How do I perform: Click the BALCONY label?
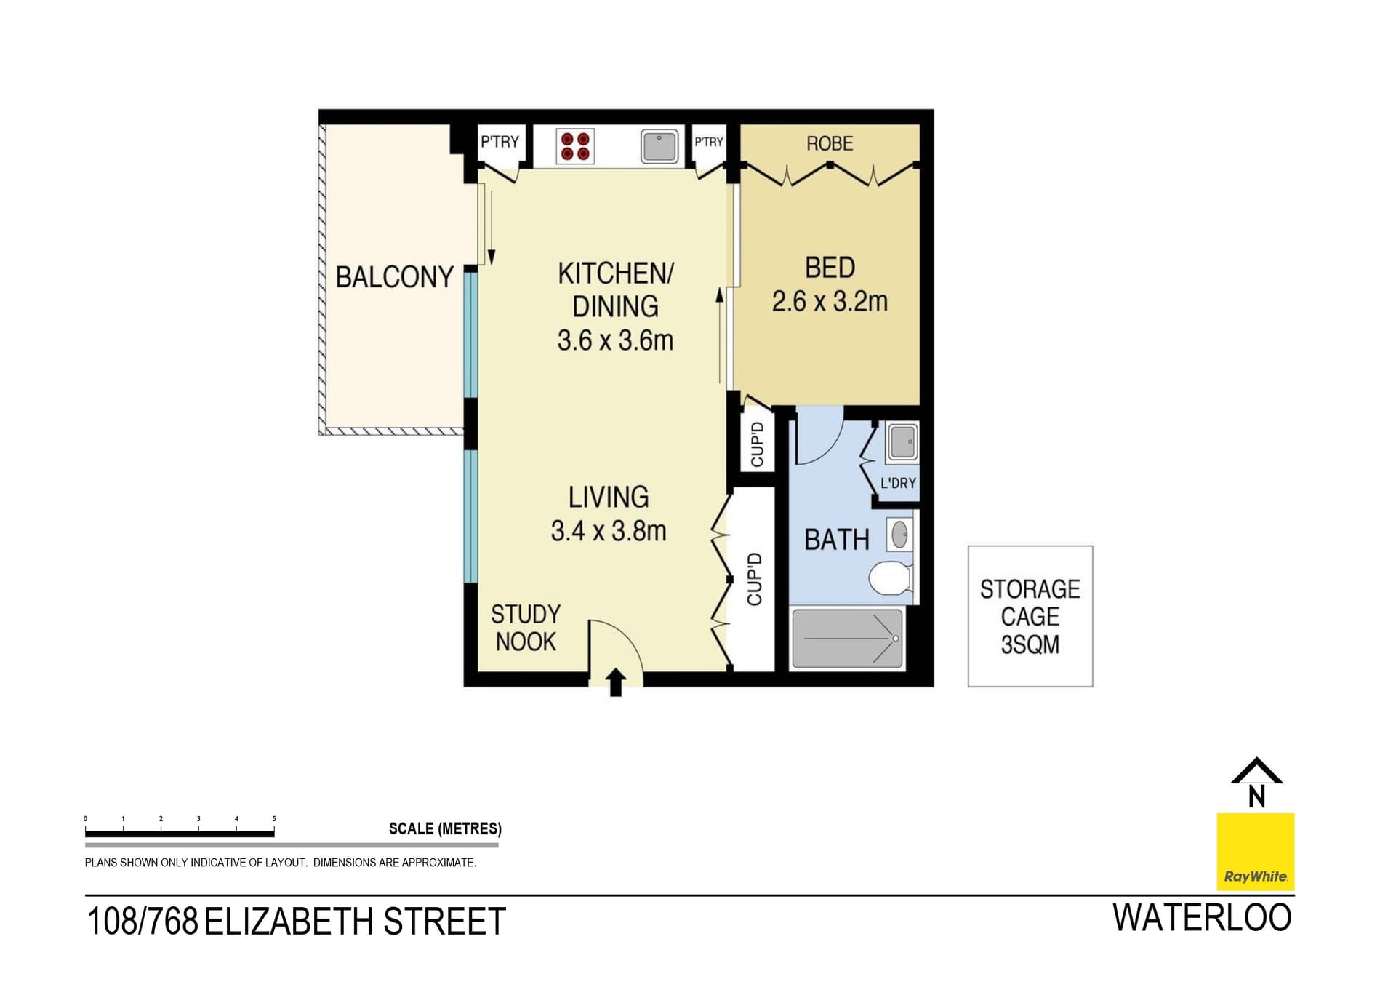(x=394, y=277)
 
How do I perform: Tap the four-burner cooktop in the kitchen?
(x=575, y=146)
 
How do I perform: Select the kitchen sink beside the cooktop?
(x=659, y=146)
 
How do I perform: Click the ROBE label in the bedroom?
(x=829, y=144)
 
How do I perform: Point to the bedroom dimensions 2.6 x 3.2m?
(x=830, y=301)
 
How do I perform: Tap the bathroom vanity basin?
(x=899, y=535)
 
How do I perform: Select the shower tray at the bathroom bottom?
(x=847, y=639)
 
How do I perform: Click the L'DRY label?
(x=898, y=483)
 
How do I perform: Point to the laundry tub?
(x=902, y=442)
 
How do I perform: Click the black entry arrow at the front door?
(x=615, y=682)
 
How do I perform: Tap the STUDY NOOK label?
(x=525, y=628)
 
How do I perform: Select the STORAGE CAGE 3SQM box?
(x=1030, y=616)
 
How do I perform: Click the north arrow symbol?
(x=1256, y=783)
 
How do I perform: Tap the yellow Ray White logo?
(x=1256, y=851)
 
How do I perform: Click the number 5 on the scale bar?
(x=274, y=819)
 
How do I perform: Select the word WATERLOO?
(x=1202, y=918)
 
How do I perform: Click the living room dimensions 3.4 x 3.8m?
(x=608, y=531)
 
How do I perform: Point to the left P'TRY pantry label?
(x=500, y=142)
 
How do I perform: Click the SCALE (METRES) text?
(x=445, y=828)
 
